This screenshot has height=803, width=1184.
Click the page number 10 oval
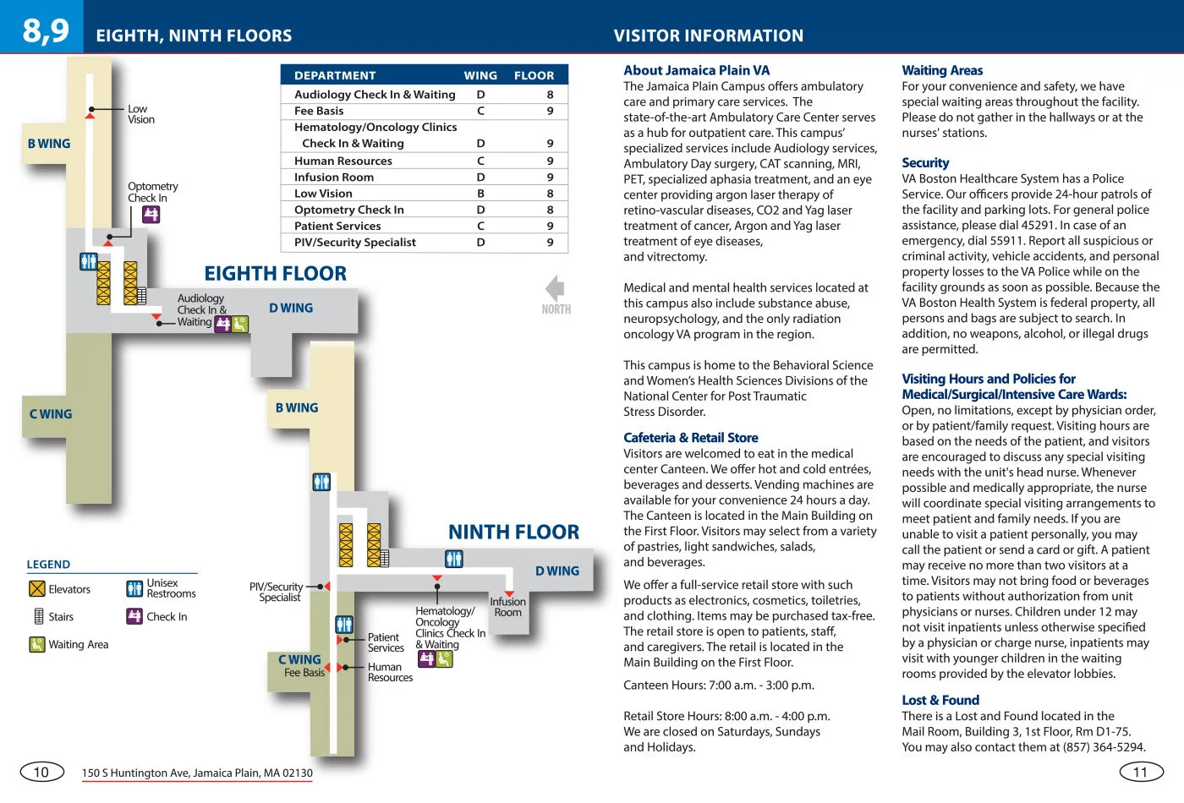(41, 772)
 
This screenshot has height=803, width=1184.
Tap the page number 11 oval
(1141, 772)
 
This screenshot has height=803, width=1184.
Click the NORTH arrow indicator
(556, 293)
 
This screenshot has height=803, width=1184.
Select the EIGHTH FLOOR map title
(275, 273)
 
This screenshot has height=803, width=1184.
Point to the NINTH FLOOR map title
(513, 532)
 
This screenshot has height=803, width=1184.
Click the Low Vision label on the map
(140, 114)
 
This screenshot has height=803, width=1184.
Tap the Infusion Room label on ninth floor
(507, 607)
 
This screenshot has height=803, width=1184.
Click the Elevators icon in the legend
(37, 589)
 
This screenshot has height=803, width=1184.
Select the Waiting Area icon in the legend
(37, 645)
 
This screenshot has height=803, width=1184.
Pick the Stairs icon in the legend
(38, 616)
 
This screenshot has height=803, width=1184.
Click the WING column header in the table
(480, 75)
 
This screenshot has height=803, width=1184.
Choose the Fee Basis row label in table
(319, 111)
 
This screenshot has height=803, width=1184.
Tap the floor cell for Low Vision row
(550, 194)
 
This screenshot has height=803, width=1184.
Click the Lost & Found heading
(940, 700)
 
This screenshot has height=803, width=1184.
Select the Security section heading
(924, 162)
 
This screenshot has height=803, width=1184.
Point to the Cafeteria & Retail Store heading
(690, 438)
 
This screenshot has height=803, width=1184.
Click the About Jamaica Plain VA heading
(696, 70)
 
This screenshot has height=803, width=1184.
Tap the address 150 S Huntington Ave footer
(197, 773)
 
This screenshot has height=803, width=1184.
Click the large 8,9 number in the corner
(46, 30)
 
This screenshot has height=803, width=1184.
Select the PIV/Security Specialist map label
(277, 592)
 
